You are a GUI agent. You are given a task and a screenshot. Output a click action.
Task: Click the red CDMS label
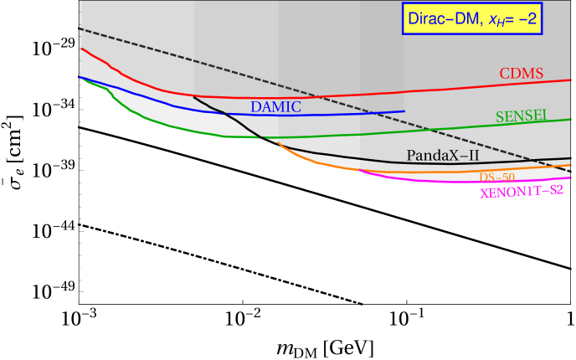(522, 74)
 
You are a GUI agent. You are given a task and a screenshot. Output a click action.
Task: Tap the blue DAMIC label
(275, 106)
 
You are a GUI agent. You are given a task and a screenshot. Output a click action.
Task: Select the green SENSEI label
(521, 116)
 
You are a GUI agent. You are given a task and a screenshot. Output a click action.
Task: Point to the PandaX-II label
(443, 155)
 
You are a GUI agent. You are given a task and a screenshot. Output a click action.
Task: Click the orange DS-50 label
(496, 177)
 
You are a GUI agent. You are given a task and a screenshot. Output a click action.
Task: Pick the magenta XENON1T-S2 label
(521, 191)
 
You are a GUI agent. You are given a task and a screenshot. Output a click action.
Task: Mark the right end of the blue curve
(404, 111)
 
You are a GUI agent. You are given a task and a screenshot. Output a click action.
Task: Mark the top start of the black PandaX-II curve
(194, 96)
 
